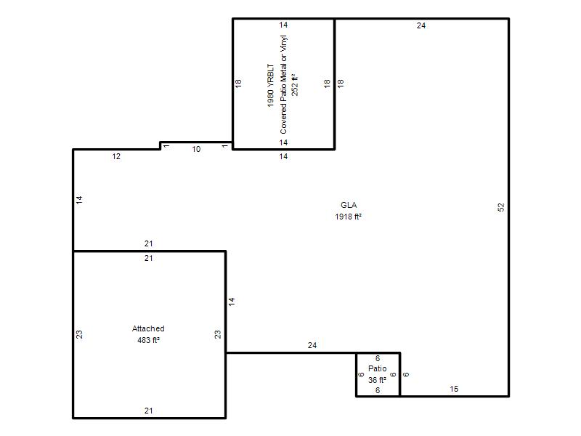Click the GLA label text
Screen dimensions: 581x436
[x=349, y=205]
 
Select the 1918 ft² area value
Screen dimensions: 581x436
[x=349, y=217]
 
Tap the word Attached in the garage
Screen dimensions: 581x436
[x=148, y=328]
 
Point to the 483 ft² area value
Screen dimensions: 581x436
[x=149, y=340]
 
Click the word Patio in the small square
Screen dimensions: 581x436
[x=377, y=368]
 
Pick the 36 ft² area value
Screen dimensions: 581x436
[x=377, y=380]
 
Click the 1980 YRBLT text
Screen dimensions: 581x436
[x=271, y=86]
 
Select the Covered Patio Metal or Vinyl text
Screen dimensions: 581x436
[x=283, y=84]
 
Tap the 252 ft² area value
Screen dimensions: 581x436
[x=295, y=85]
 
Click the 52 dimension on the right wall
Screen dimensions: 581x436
[x=501, y=207]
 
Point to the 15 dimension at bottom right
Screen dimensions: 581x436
[x=454, y=389]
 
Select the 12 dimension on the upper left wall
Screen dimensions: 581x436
[x=116, y=156]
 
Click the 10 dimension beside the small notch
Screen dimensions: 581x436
[x=196, y=149]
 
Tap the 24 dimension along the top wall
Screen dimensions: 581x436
[x=421, y=25]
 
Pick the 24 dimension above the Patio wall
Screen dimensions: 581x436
[x=312, y=346]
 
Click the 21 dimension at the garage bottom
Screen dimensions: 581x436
[x=149, y=411]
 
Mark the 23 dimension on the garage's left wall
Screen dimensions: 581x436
[x=79, y=334]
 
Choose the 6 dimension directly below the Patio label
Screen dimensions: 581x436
[x=378, y=390]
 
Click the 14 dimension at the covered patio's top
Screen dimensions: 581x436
[x=283, y=25]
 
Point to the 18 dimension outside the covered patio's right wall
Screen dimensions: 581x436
[x=341, y=83]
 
